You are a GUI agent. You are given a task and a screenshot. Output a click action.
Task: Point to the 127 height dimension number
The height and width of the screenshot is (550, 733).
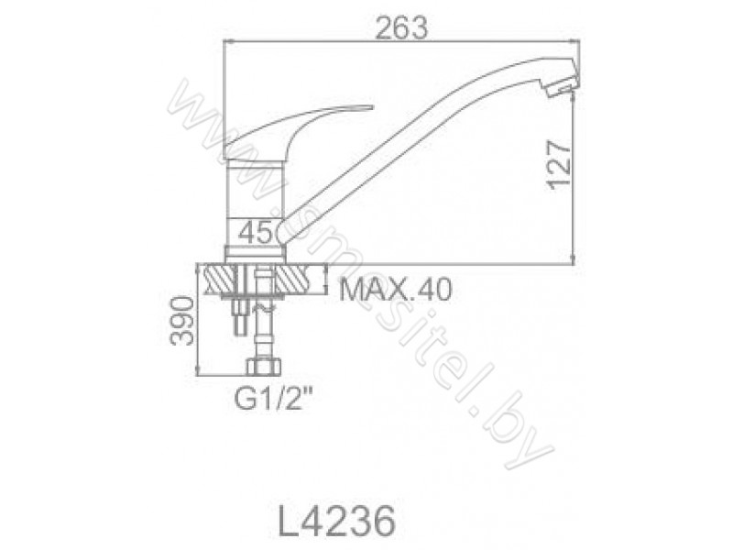point(560,164)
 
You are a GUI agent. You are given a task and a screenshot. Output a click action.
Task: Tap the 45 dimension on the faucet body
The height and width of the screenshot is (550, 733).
point(255,232)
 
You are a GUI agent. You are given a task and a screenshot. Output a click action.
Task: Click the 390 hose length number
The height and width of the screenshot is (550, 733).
point(181,320)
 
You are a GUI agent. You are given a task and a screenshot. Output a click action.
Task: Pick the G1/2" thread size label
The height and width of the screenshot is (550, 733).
point(273,399)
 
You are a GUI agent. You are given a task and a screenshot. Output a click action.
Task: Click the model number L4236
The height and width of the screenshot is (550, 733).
point(337,522)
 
